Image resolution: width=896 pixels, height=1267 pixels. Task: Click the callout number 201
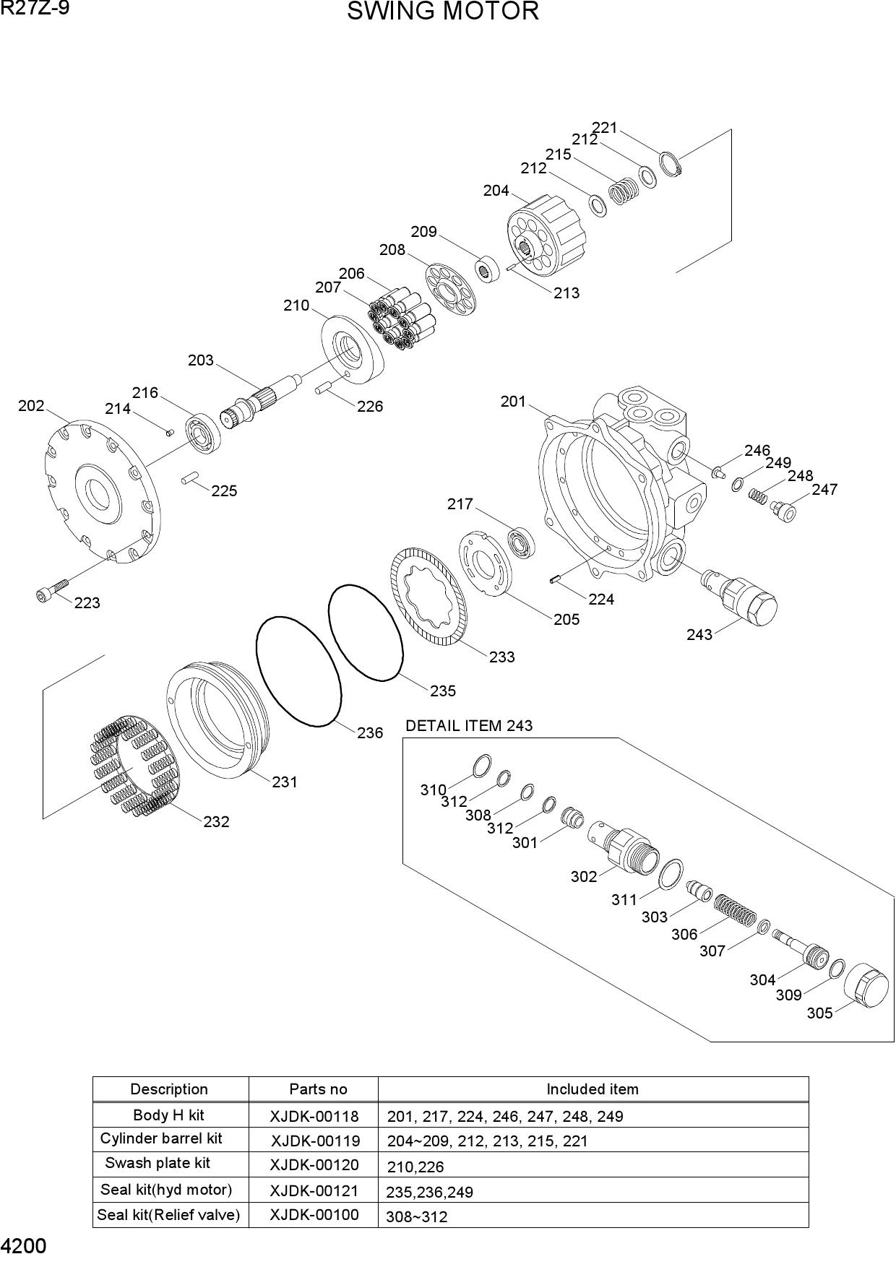click(513, 402)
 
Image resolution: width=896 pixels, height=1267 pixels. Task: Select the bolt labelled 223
click(51, 589)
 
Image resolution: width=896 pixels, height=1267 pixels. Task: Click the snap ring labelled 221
click(671, 164)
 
